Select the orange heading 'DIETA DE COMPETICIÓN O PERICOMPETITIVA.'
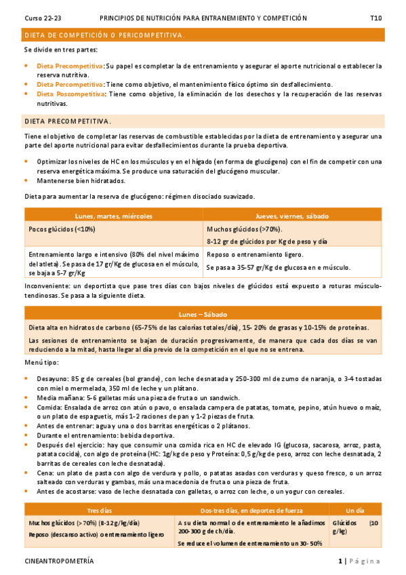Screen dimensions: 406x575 [x=104, y=34]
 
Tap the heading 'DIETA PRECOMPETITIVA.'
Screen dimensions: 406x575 [x=68, y=121]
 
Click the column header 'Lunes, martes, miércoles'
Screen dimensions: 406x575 [x=114, y=216]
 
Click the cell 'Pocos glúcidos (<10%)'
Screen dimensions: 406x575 [x=62, y=229]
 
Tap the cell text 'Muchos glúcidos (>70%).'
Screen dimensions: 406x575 [x=244, y=229]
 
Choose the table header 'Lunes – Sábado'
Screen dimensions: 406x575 [x=203, y=315]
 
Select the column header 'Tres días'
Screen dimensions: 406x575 [x=99, y=509]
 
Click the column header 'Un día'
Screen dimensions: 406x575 [x=354, y=509]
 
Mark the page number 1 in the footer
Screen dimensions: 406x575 [x=340, y=561]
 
